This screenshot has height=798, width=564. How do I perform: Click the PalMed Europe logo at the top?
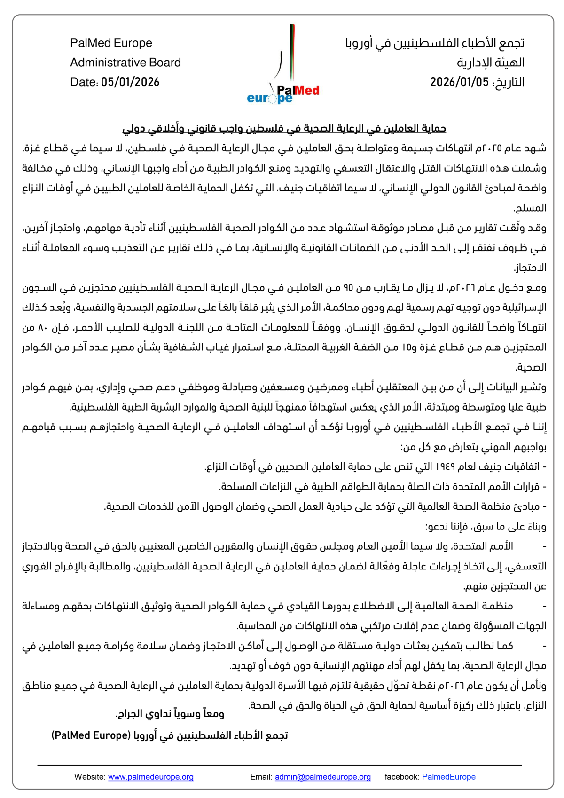point(283,66)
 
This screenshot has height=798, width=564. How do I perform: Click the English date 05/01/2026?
point(130,82)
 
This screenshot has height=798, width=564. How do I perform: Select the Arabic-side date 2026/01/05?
point(459,82)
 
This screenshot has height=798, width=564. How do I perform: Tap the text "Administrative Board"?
point(125,63)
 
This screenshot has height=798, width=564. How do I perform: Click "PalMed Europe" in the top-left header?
point(111,43)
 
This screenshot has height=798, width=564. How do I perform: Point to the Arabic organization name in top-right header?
point(435,43)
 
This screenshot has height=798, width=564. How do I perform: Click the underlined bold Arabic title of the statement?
point(284,128)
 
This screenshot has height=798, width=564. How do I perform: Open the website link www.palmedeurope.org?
point(151,777)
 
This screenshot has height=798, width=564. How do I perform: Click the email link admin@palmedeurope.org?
point(323,777)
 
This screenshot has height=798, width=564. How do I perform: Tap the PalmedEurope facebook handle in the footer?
point(448,777)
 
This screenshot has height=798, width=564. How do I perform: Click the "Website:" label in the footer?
point(90,777)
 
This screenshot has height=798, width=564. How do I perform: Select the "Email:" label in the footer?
point(261,777)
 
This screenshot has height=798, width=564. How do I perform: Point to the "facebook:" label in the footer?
point(402,777)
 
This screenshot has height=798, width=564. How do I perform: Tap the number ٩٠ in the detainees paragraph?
point(348,287)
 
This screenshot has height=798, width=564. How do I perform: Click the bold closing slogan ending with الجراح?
point(170,714)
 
